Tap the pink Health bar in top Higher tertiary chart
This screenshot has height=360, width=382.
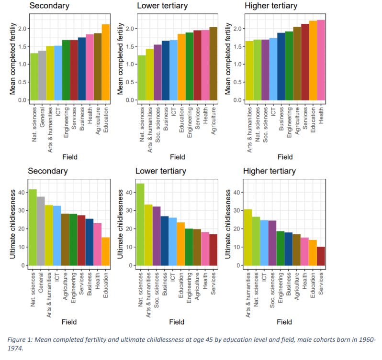321,60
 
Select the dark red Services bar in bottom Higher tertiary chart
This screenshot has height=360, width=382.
321,256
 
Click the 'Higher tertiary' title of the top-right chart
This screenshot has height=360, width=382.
270,6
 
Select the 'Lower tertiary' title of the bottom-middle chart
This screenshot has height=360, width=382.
163,171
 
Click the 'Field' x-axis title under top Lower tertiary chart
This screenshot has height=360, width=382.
177,156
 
